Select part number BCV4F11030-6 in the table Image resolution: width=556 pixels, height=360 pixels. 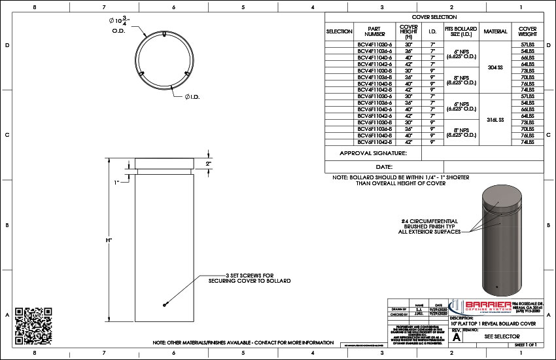click(x=375, y=45)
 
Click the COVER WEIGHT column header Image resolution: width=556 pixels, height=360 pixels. click(x=527, y=31)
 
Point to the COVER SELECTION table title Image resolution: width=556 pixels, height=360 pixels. click(x=434, y=17)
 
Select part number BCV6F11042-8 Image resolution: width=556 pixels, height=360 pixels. click(x=375, y=142)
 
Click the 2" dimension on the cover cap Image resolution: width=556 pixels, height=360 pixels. click(x=209, y=163)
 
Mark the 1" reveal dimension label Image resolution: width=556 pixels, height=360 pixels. click(x=116, y=183)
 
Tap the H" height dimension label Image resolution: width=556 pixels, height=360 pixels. click(x=109, y=240)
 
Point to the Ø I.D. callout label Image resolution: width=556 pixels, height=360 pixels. click(x=190, y=97)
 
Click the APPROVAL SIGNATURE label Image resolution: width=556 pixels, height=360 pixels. click(x=373, y=153)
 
